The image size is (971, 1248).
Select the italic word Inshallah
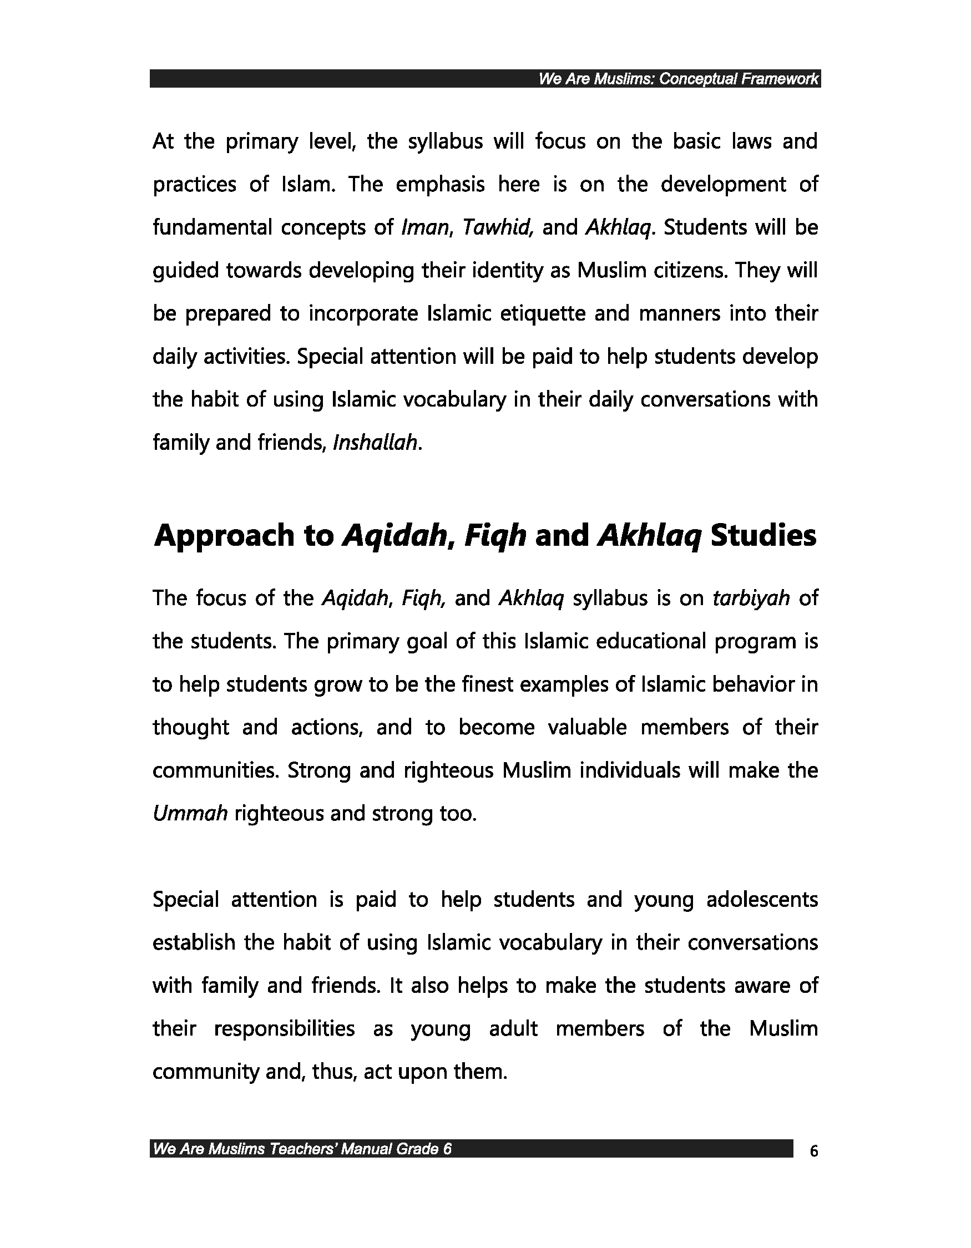click(x=377, y=443)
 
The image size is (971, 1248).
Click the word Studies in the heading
click(x=763, y=536)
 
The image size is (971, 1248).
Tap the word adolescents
click(x=762, y=900)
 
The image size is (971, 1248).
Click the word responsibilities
click(x=284, y=1028)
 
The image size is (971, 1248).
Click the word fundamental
click(x=211, y=228)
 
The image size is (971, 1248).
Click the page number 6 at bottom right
click(x=814, y=1151)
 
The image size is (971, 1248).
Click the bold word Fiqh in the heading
click(x=495, y=536)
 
